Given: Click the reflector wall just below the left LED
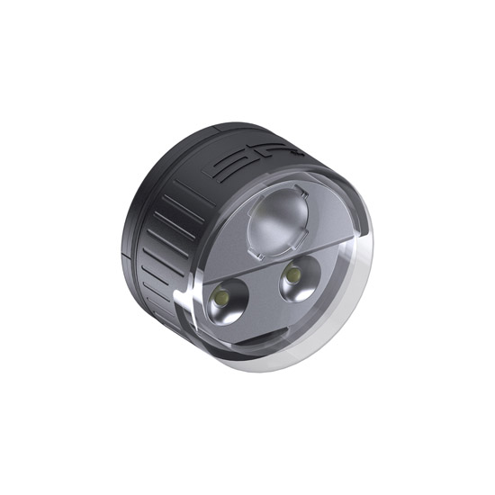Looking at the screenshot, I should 225,317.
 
